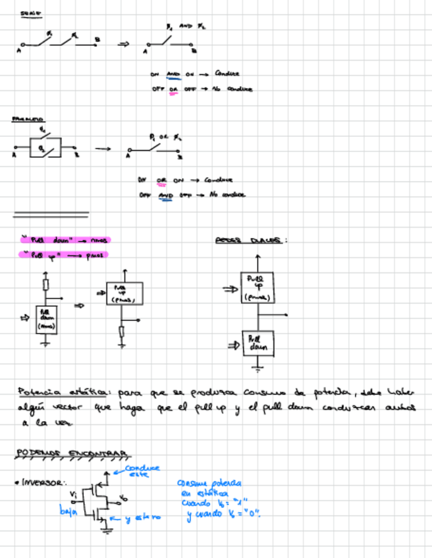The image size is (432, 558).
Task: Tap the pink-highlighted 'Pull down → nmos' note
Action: click(65, 240)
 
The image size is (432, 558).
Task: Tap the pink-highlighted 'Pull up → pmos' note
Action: click(64, 255)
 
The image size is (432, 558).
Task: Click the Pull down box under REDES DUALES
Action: click(257, 343)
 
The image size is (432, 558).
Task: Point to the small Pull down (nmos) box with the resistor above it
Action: click(47, 319)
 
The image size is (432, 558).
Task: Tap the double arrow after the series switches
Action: click(123, 44)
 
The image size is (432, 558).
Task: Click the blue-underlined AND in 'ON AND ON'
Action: click(173, 74)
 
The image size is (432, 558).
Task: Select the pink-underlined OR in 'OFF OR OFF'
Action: click(173, 89)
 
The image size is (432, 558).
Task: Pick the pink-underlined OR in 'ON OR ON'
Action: click(161, 180)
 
